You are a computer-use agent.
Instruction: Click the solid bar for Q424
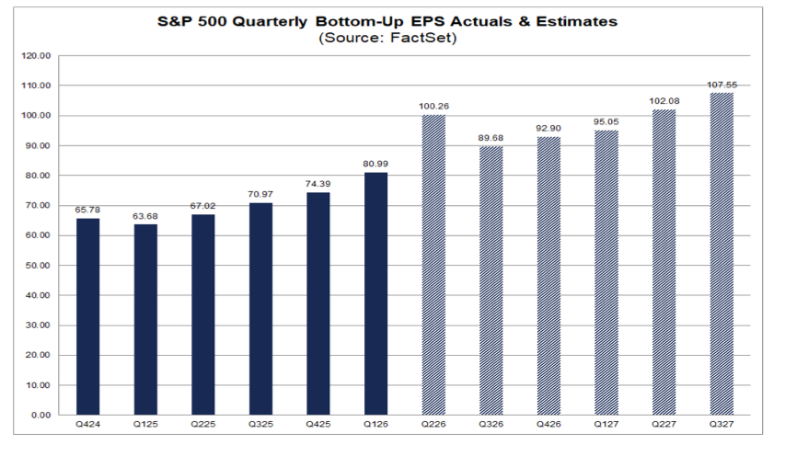point(88,316)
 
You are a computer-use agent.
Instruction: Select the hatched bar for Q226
point(433,265)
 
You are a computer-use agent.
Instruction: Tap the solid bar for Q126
point(376,294)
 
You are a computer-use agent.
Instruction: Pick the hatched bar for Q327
point(722,254)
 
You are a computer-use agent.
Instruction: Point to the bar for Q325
point(260,309)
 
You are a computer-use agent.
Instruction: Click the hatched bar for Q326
point(491,281)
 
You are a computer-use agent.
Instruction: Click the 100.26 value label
point(433,106)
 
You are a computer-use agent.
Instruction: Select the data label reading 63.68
point(145,216)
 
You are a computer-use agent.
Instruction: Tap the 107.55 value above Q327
point(722,85)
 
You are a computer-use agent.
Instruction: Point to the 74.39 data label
point(317,184)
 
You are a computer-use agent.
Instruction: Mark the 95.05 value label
point(606,121)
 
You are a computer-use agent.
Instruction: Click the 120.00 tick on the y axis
point(36,56)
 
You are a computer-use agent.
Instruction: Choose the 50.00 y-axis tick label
point(38,266)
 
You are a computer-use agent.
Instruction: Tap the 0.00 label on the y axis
point(40,415)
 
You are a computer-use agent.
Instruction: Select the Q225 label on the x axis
point(202,424)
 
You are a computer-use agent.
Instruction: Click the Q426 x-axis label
point(548,424)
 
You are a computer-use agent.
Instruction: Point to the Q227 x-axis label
point(664,424)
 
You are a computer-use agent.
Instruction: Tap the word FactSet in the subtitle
point(421,38)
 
